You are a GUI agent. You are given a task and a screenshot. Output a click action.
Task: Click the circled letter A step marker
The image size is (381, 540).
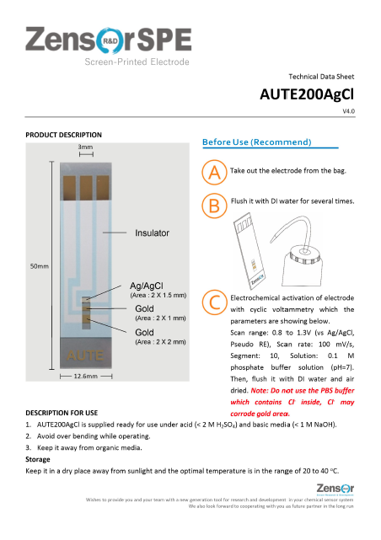click(x=215, y=172)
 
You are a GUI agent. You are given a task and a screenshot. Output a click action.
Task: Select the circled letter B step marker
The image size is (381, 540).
click(x=215, y=205)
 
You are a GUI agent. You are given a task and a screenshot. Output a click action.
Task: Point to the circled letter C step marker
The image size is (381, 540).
click(x=215, y=302)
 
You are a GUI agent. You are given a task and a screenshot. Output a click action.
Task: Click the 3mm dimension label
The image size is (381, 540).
click(x=86, y=148)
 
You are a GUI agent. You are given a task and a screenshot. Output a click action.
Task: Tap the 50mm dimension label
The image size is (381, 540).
click(x=39, y=266)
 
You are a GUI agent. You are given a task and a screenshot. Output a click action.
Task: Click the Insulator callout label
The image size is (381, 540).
click(x=152, y=233)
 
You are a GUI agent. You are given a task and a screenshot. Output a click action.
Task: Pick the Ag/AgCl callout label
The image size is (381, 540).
click(x=147, y=286)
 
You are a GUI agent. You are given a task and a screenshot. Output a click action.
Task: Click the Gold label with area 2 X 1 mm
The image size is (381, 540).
click(x=144, y=309)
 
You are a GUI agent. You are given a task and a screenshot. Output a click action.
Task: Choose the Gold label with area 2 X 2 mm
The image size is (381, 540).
click(x=144, y=333)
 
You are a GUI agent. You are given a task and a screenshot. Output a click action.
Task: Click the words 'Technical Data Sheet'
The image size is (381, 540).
click(x=321, y=76)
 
